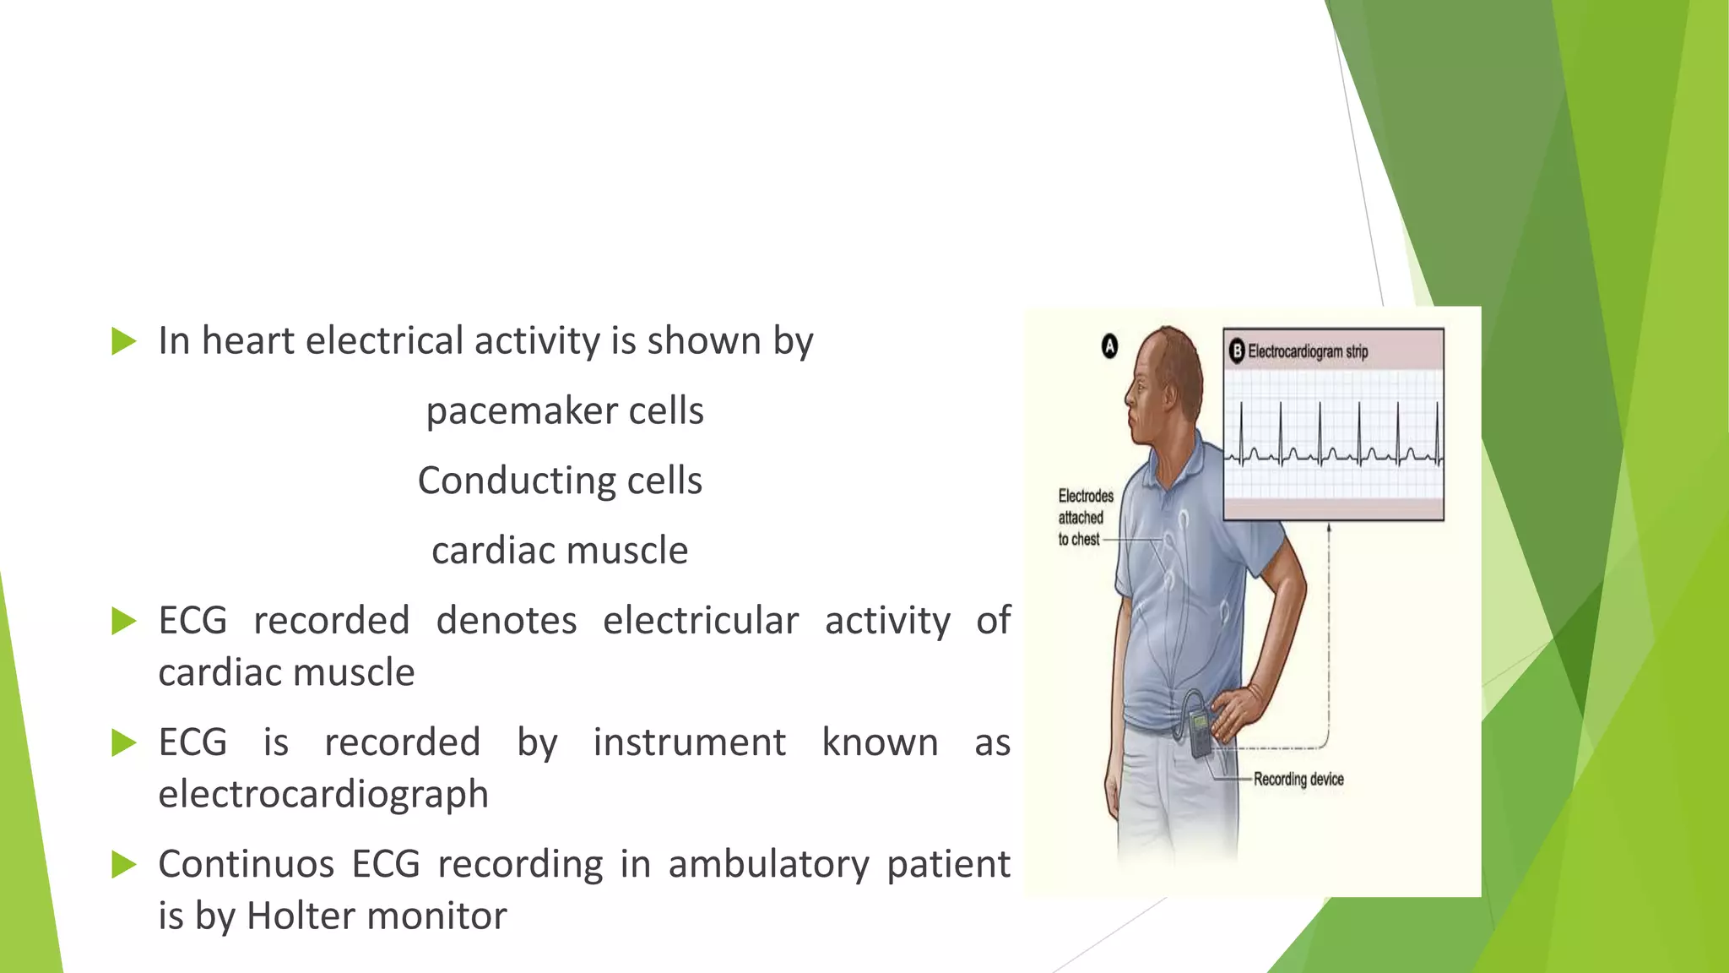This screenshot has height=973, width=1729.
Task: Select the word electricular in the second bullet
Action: click(700, 621)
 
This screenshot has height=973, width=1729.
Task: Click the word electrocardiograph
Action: click(323, 795)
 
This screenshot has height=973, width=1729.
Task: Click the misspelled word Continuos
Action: click(247, 865)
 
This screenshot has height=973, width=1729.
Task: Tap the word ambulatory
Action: click(768, 865)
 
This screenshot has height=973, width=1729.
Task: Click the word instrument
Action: click(689, 743)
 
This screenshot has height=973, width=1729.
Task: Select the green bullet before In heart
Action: click(123, 341)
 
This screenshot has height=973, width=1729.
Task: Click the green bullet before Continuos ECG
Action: click(123, 865)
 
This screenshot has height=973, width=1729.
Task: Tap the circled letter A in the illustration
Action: click(1110, 346)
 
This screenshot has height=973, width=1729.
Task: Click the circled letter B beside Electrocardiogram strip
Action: click(1237, 351)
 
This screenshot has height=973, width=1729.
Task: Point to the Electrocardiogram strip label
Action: click(1308, 351)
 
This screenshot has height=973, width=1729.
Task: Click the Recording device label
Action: click(1298, 779)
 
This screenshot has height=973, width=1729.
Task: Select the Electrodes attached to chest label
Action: click(1084, 517)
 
